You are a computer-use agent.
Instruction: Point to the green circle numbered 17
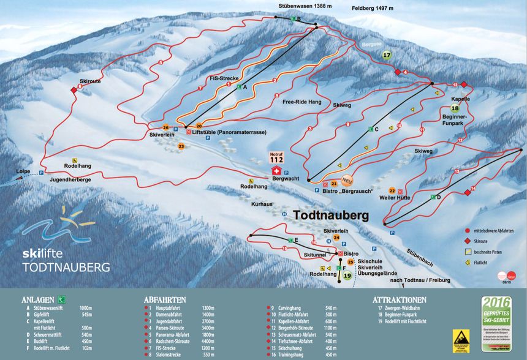387,55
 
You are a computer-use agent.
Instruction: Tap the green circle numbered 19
347,276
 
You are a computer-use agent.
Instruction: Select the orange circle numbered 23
181,146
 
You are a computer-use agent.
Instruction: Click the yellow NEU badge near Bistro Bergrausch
347,180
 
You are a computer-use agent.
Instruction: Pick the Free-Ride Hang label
302,102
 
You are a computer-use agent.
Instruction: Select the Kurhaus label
261,203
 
